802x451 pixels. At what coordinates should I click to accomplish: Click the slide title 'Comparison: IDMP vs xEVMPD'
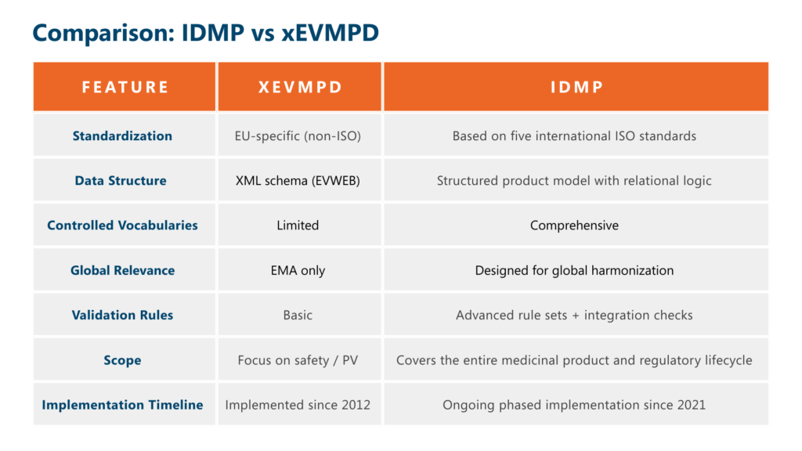206,33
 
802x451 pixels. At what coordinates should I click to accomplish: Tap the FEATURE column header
125,87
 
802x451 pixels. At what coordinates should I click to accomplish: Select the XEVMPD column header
300,87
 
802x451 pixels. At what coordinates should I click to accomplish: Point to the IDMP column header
576,87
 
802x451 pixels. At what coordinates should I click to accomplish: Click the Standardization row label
122,136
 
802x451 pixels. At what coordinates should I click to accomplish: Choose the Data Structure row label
121,181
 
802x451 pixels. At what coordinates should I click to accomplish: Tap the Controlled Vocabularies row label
122,225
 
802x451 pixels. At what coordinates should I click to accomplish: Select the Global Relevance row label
122,270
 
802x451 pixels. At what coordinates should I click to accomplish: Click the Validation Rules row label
122,315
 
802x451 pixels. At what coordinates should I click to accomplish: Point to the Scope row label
122,360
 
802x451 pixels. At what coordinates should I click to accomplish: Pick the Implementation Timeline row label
122,405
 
